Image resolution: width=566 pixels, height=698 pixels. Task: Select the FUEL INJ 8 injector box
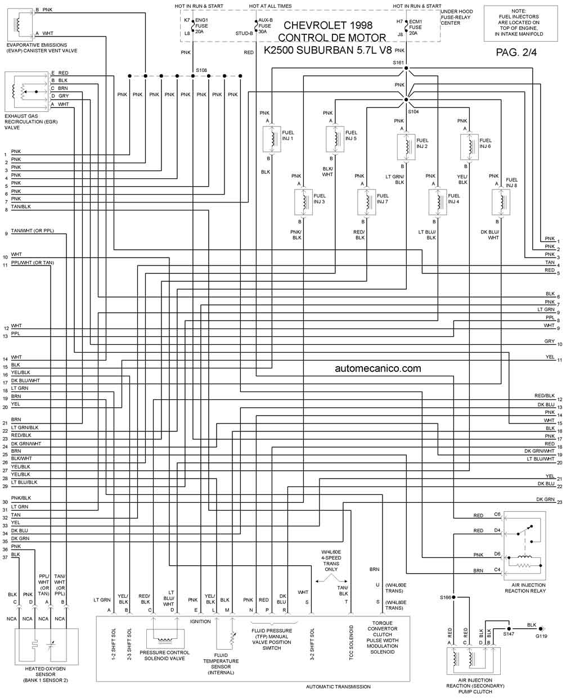click(x=501, y=202)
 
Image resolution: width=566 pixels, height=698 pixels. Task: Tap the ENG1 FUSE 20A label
click(x=201, y=26)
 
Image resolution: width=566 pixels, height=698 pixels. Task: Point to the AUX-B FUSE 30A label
click(x=265, y=26)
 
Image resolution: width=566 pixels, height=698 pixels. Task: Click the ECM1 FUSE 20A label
click(x=415, y=27)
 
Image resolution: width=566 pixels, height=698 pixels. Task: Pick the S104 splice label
click(x=413, y=112)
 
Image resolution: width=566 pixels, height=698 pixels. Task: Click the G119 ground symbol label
click(x=541, y=636)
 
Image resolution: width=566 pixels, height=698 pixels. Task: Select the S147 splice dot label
click(x=508, y=634)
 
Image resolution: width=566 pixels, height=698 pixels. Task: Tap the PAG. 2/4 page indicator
click(x=516, y=52)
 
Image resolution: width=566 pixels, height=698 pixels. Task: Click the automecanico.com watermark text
click(x=378, y=368)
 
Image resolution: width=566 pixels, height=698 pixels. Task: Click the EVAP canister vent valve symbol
click(x=19, y=23)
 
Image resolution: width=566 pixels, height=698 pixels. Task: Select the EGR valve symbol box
click(x=26, y=92)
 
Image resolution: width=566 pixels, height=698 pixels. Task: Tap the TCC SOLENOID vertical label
click(x=351, y=642)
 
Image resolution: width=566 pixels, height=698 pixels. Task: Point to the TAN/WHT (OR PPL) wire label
click(x=33, y=231)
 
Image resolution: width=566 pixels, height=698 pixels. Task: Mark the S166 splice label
click(x=446, y=597)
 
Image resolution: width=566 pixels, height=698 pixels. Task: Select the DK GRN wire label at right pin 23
click(x=545, y=499)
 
